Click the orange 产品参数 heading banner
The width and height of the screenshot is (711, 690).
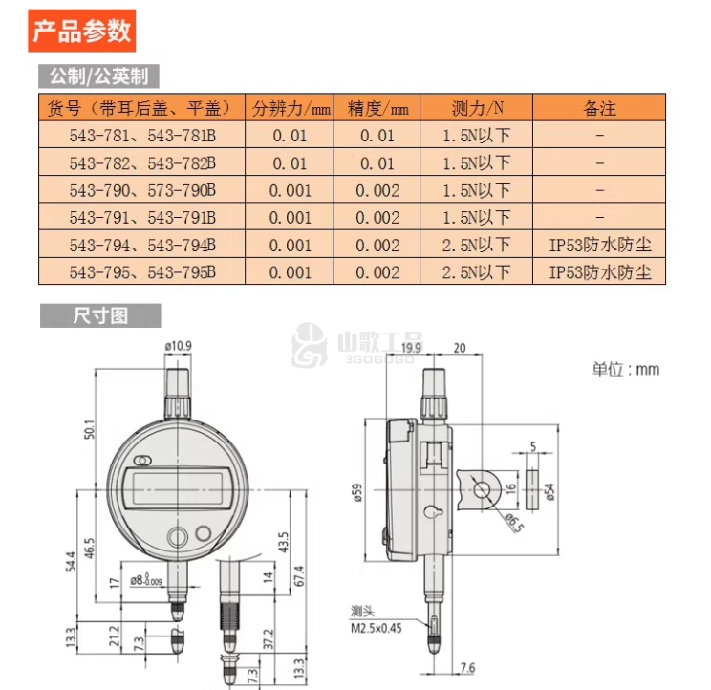[x=82, y=31]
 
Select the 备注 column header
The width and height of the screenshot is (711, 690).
[x=599, y=108]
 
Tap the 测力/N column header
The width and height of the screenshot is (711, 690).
[x=477, y=108]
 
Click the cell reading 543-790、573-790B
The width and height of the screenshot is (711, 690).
[x=142, y=190]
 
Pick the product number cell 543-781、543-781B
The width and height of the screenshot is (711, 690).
[x=142, y=136]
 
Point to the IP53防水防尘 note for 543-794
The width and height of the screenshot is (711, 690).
[x=600, y=246]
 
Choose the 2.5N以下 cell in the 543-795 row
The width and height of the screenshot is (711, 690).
[x=476, y=272]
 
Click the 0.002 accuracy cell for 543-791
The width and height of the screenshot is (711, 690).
[x=377, y=218]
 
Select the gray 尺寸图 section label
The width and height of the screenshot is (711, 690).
[x=100, y=315]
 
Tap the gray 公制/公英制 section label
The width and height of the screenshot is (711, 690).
[x=98, y=76]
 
